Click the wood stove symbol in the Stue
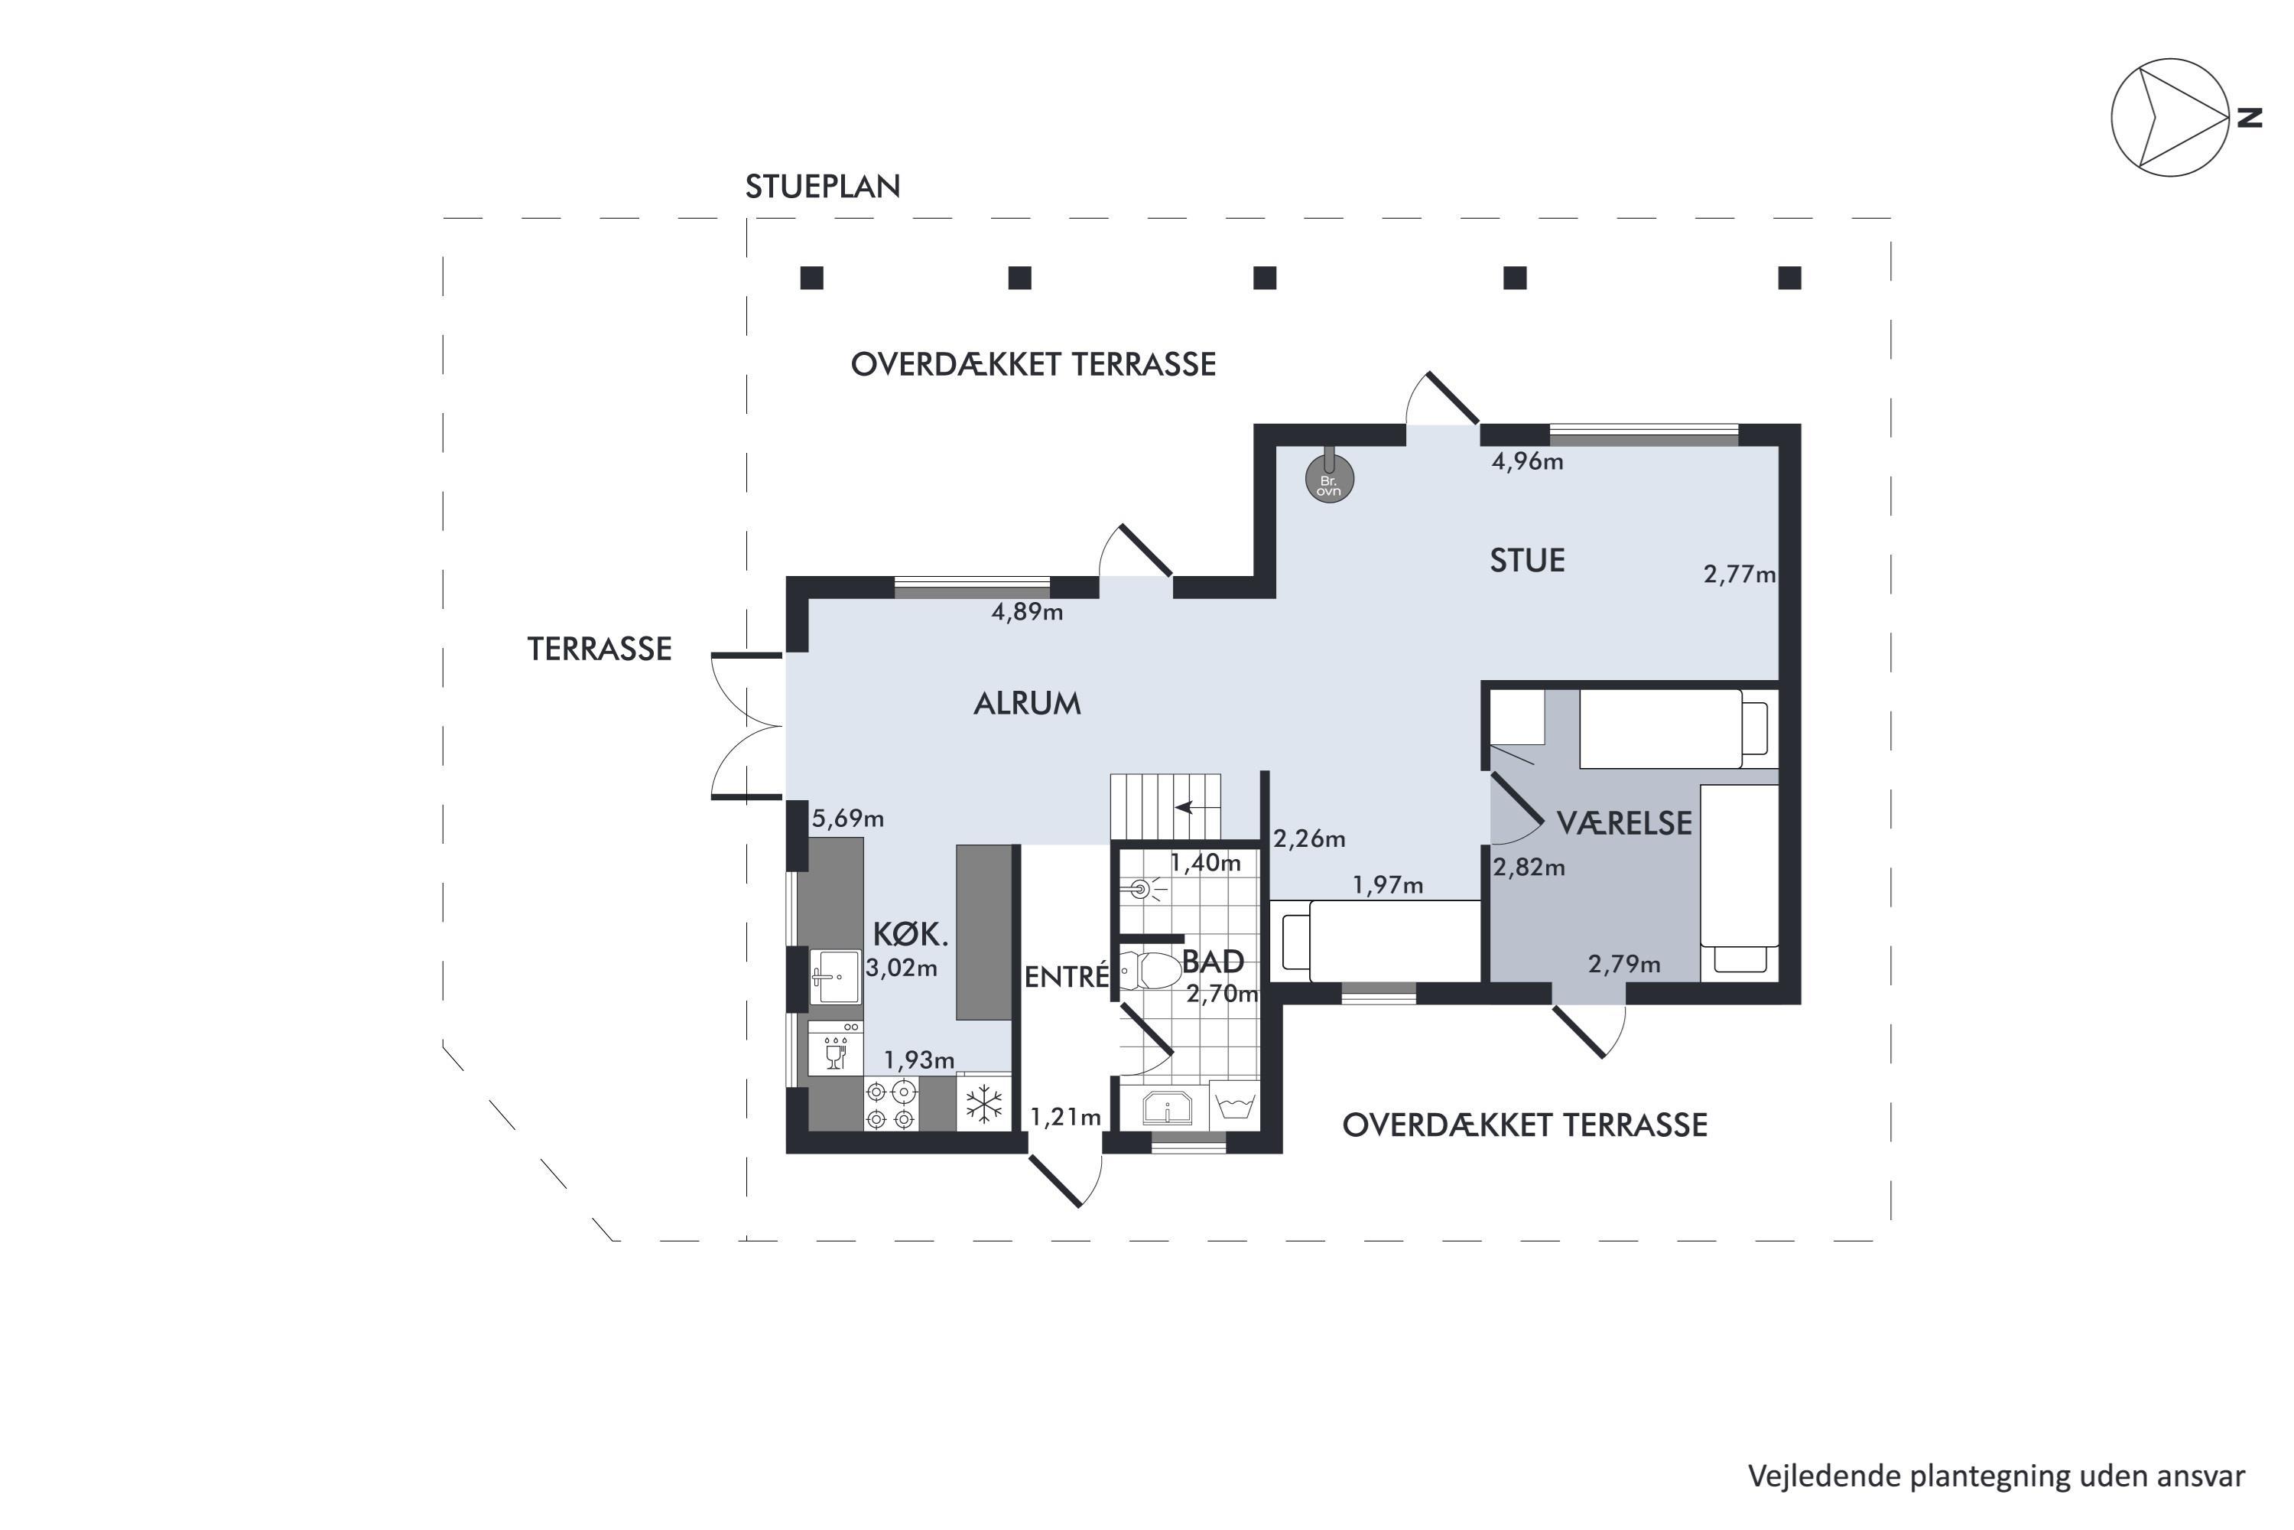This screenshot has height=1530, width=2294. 1330,478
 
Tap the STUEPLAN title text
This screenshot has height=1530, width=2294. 822,187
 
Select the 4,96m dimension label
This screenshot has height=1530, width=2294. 1527,461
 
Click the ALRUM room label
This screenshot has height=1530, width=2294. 1027,704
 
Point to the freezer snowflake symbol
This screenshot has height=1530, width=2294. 984,1104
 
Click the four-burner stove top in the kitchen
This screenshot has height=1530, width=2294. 892,1104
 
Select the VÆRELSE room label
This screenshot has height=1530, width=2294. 1624,824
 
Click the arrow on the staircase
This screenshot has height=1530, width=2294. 1197,807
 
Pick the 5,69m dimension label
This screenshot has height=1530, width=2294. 847,819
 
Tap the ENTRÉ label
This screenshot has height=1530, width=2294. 1067,977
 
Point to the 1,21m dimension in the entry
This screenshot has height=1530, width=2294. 1066,1117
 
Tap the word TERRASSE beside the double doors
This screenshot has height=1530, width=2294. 599,649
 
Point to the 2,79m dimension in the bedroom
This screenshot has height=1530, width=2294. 1624,965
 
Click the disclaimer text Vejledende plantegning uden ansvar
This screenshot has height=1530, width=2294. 1996,1476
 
